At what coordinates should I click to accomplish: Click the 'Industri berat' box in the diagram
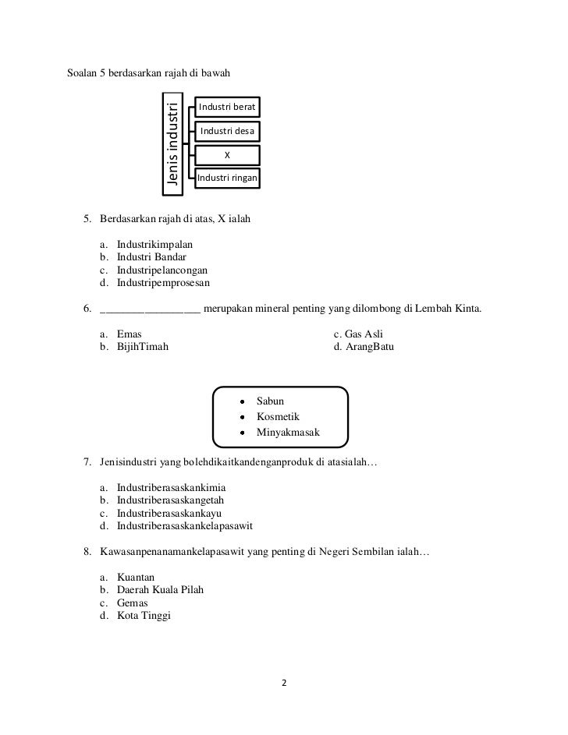pyautogui.click(x=228, y=106)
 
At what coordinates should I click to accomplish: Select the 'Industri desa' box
pyautogui.click(x=228, y=131)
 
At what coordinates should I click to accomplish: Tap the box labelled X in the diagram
pyautogui.click(x=228, y=155)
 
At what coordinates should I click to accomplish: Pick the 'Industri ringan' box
pyautogui.click(x=228, y=179)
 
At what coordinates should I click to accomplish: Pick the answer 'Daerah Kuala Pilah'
pyautogui.click(x=160, y=590)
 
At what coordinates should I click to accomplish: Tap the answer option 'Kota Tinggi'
pyautogui.click(x=144, y=616)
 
